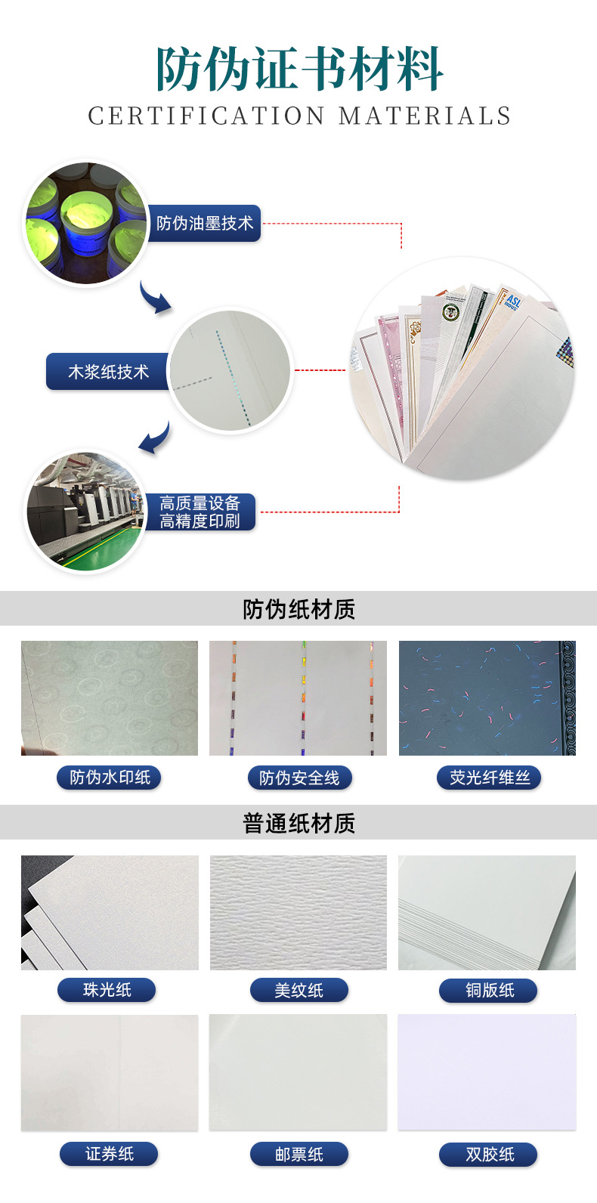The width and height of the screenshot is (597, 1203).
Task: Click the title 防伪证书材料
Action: pyautogui.click(x=299, y=68)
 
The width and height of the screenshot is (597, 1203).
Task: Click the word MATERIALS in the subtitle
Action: pyautogui.click(x=425, y=116)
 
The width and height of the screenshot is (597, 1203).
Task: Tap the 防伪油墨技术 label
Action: pyautogui.click(x=205, y=223)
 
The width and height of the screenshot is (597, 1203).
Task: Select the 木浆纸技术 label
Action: pyautogui.click(x=108, y=371)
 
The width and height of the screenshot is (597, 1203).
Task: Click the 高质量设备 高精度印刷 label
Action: pyautogui.click(x=200, y=512)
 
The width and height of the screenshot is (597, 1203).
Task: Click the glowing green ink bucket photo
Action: pyautogui.click(x=86, y=223)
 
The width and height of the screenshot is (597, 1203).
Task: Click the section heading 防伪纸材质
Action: pyautogui.click(x=298, y=610)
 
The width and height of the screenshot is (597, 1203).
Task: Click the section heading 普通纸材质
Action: pyautogui.click(x=298, y=823)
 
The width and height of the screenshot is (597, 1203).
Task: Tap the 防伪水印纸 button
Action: pyautogui.click(x=109, y=777)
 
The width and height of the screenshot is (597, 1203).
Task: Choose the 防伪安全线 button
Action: pyautogui.click(x=299, y=778)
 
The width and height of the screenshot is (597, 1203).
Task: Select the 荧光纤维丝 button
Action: pyautogui.click(x=489, y=777)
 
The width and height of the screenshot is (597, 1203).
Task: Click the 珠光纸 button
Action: pyautogui.click(x=107, y=990)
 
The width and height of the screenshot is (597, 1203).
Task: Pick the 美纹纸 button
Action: pyautogui.click(x=299, y=990)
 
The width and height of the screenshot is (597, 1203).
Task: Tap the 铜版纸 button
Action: pyautogui.click(x=488, y=990)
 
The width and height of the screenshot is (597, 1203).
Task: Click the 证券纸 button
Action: pyautogui.click(x=109, y=1154)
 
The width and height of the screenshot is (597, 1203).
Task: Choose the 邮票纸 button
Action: pyautogui.click(x=299, y=1154)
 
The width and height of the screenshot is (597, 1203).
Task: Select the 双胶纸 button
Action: pyautogui.click(x=488, y=1154)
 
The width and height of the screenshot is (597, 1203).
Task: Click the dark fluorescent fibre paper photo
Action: pyautogui.click(x=487, y=697)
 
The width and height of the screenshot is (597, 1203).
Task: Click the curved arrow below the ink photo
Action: pyautogui.click(x=153, y=298)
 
